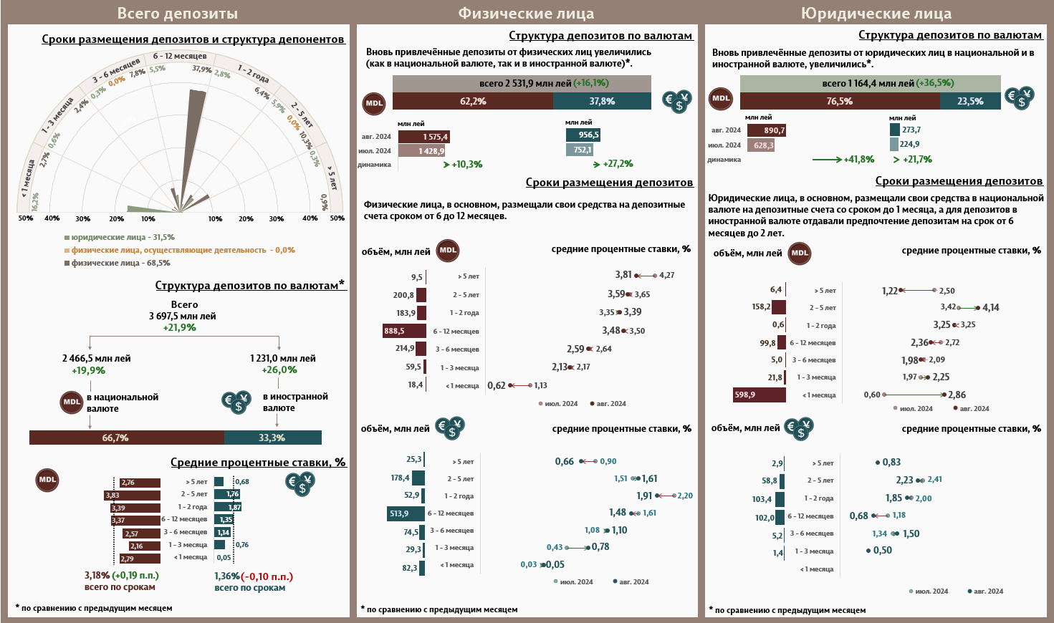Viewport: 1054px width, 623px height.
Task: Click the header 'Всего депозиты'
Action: click(x=177, y=13)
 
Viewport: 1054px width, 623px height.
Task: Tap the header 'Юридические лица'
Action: click(x=876, y=13)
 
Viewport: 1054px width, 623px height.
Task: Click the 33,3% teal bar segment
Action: click(x=272, y=438)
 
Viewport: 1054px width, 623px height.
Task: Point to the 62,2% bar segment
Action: click(x=473, y=101)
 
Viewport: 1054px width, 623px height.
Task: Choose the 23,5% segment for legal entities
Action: click(x=970, y=101)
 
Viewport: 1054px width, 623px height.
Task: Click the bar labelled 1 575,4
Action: click(x=424, y=137)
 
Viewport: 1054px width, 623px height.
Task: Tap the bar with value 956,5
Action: click(x=583, y=135)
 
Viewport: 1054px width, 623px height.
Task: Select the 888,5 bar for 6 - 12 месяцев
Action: click(x=405, y=331)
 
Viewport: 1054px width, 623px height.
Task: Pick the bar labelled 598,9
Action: click(x=759, y=395)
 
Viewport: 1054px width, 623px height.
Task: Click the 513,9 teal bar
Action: click(x=406, y=513)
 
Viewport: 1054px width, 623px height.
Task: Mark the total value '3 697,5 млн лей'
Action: click(x=182, y=316)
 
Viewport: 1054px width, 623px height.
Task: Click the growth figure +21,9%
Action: click(x=179, y=327)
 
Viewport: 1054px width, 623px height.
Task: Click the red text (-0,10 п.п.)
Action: click(x=267, y=576)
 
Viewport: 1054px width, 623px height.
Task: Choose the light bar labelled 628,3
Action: click(x=761, y=145)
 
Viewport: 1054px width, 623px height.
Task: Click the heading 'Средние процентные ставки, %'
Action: click(x=258, y=463)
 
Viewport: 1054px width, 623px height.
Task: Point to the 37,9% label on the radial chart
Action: click(x=201, y=69)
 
